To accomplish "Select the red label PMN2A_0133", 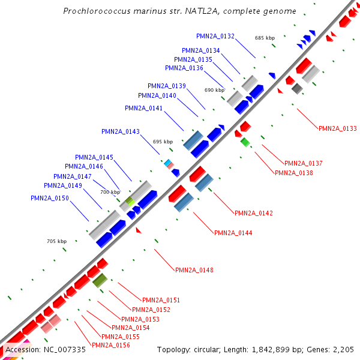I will coord(337,128).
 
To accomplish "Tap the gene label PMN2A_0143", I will coord(121,131).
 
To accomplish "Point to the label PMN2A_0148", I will coord(194,270).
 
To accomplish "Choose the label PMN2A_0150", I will coord(50,198).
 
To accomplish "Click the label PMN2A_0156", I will coord(111,345).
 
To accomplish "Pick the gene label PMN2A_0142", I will coord(254,213).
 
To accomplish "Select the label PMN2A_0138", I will coord(293,173).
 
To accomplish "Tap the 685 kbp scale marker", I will coord(265,38).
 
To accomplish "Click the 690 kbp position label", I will coord(214,90).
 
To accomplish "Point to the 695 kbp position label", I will coord(163,142).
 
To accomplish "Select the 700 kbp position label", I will coord(110,192).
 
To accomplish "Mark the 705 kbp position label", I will coord(56,241).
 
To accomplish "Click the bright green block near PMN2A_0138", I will coord(245,142).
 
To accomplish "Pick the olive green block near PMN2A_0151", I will coord(100,280).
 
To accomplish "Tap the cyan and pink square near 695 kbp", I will coord(169,163).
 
